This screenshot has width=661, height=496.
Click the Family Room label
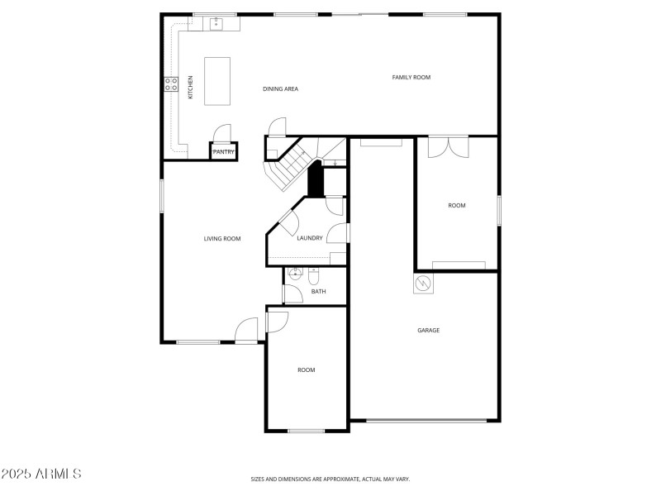tap(411, 77)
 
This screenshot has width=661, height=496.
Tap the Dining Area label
tap(280, 88)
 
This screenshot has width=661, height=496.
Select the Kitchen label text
tap(191, 88)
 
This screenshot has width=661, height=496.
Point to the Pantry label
tap(224, 152)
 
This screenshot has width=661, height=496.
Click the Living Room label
tap(222, 239)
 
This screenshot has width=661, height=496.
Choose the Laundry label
tap(309, 239)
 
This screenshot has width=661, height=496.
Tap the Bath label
tap(318, 291)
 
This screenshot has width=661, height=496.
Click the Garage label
tap(428, 330)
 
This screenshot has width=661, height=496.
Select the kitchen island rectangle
tap(217, 81)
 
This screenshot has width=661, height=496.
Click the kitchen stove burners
tap(171, 83)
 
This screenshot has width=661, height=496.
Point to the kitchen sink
tap(216, 24)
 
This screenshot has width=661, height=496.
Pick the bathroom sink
tap(295, 275)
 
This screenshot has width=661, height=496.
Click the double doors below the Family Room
tap(446, 145)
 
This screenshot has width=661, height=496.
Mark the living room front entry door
tap(246, 331)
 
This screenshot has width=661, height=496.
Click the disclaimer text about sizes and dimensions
tap(330, 479)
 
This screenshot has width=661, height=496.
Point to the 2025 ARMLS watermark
tap(41, 474)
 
